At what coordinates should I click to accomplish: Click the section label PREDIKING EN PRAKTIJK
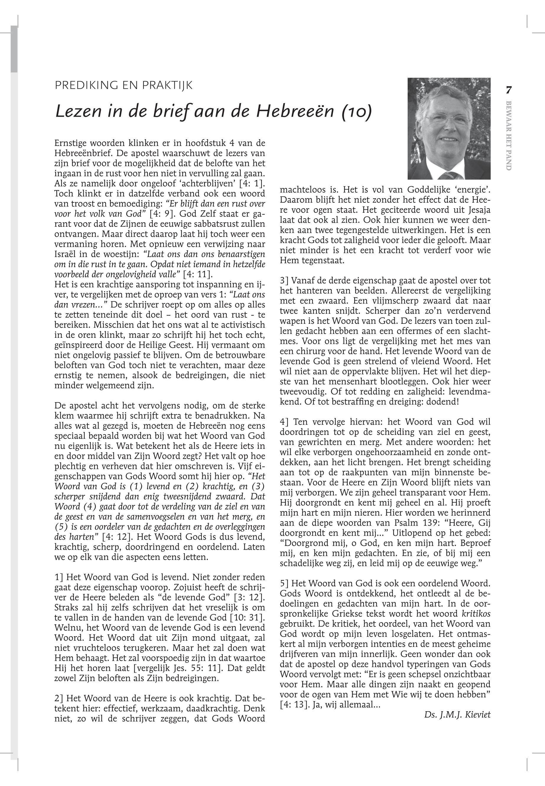[x=123, y=85]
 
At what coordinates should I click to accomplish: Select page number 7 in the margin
[x=509, y=90]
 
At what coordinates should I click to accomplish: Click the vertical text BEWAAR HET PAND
[x=509, y=136]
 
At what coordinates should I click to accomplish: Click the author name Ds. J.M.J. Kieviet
[x=457, y=714]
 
